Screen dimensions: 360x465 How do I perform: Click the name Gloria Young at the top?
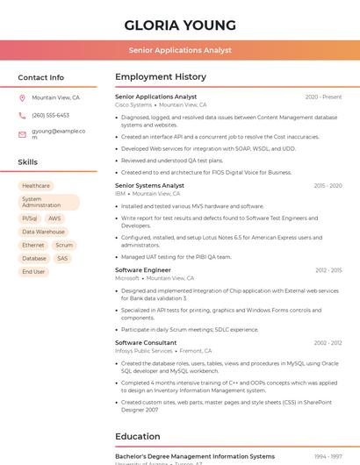(180, 25)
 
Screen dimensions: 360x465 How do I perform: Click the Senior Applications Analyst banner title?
(180, 50)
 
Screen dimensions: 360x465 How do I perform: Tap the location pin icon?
(22, 98)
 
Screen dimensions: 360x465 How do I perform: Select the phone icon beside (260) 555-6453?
(22, 116)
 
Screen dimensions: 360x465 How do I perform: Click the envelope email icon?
(22, 135)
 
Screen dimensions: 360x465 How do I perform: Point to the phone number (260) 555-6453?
(50, 116)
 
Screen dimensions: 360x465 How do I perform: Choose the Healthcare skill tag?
(36, 186)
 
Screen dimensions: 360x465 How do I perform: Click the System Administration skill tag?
(48, 203)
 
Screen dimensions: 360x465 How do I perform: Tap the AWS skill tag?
(54, 218)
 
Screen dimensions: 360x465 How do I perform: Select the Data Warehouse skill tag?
(43, 232)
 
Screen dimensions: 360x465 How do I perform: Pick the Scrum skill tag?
(64, 246)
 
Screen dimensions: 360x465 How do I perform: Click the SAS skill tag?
(62, 259)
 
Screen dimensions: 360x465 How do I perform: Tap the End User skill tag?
(33, 272)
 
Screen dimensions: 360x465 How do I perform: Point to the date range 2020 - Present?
(323, 97)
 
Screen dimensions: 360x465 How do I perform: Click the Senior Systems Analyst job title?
(149, 186)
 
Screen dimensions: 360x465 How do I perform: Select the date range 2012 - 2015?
(328, 270)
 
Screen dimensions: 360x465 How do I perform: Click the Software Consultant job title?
(146, 343)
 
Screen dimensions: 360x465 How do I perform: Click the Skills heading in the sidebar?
(28, 162)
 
